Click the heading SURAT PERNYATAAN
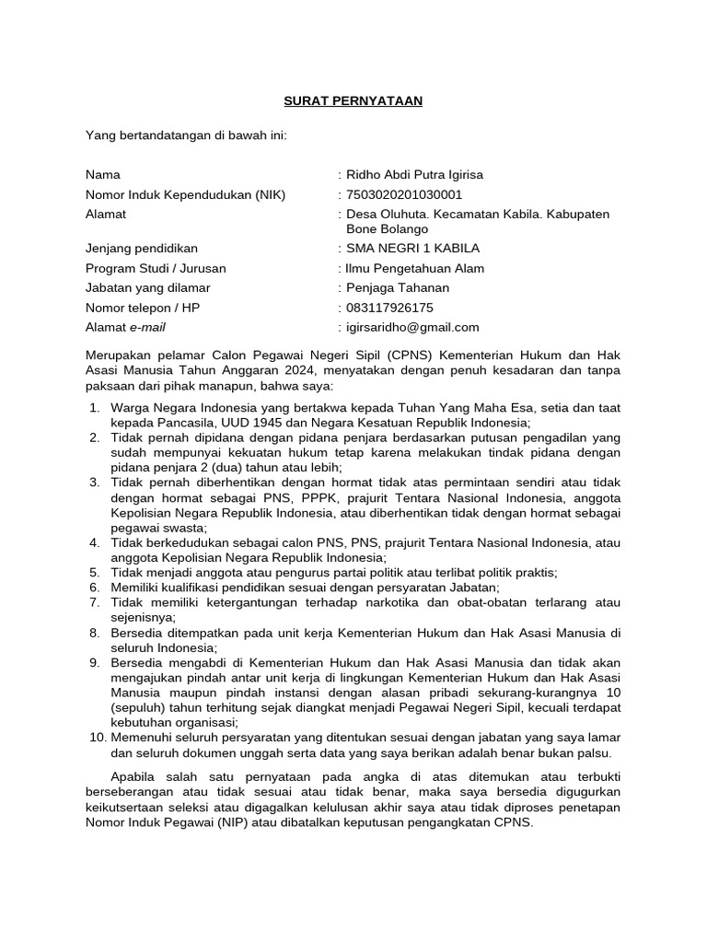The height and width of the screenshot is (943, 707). [x=353, y=100]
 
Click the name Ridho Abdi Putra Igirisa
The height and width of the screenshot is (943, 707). [x=413, y=174]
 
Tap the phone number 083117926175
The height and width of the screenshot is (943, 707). [x=389, y=308]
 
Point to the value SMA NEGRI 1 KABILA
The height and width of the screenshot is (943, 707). [x=411, y=249]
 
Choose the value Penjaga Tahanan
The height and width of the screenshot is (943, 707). [x=397, y=288]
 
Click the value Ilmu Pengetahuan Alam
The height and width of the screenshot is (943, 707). [x=414, y=269]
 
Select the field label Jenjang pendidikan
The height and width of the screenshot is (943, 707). [x=142, y=249]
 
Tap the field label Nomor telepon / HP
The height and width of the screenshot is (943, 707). [x=143, y=308]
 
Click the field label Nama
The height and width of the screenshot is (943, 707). [x=103, y=174]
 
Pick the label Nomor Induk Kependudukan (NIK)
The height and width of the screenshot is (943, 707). [x=186, y=194]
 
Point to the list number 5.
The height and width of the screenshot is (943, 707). [x=94, y=572]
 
